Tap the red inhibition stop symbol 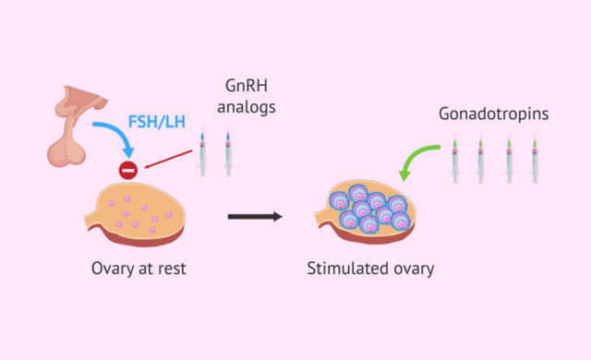point(127,170)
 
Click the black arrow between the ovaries point(255,218)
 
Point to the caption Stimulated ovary point(370,270)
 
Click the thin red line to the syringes point(166,156)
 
